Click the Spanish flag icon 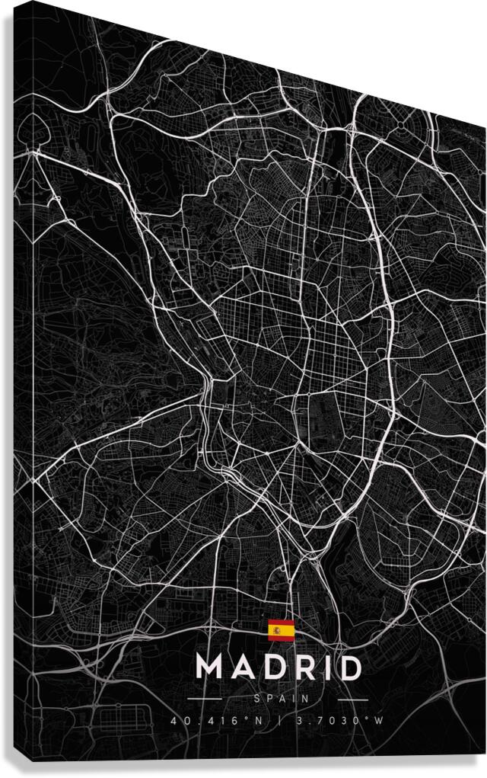(281, 630)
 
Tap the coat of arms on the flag (277, 630)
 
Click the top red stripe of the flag (281, 623)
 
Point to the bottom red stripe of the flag (281, 637)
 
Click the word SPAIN (279, 697)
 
